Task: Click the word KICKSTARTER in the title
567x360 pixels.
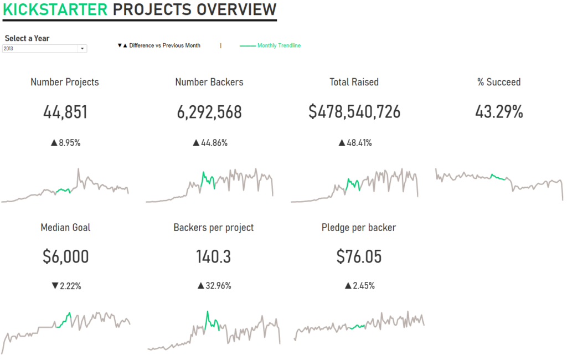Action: tap(55, 9)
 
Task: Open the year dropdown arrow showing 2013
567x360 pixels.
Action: tap(83, 49)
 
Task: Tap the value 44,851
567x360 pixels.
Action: tap(65, 112)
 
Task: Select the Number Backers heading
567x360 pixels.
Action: tap(209, 82)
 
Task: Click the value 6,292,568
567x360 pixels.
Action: tap(209, 112)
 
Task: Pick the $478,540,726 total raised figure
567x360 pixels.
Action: tap(354, 112)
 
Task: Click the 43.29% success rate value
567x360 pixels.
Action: tap(499, 112)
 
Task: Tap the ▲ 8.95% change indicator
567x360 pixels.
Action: tap(65, 143)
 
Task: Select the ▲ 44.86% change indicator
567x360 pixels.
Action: tap(210, 143)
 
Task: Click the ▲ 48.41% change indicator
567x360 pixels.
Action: tap(355, 143)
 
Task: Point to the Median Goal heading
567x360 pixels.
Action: tap(65, 228)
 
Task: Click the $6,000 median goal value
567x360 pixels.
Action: tap(65, 257)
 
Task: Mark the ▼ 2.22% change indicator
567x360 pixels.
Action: tap(66, 286)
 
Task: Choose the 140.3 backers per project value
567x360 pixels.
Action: tap(213, 257)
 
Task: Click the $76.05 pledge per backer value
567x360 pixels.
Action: tap(359, 257)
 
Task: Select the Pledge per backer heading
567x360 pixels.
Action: tap(359, 228)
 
